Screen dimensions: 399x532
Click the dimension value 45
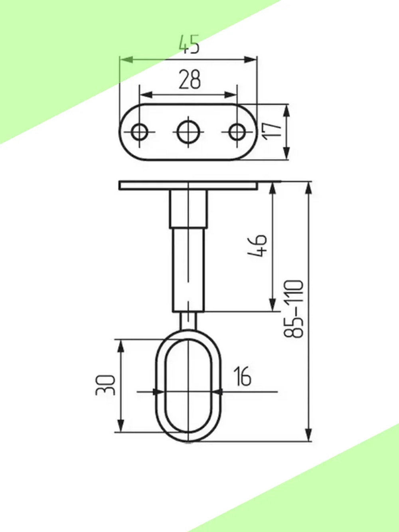tap(189, 44)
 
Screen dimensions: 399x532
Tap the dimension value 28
tap(190, 79)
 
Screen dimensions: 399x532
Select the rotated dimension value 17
tap(272, 131)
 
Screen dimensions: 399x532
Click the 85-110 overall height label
tap(293, 309)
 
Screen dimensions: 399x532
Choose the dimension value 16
tap(242, 376)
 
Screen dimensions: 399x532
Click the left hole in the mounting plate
tap(139, 132)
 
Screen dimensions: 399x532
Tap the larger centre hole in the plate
tap(189, 132)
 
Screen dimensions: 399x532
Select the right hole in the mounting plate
tap(237, 132)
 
